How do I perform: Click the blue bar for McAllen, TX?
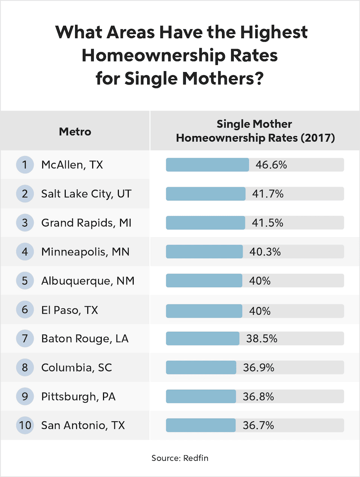(x=207, y=165)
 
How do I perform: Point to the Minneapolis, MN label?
(x=85, y=252)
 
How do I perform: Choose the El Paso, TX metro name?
(x=69, y=310)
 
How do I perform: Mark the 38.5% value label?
(x=260, y=339)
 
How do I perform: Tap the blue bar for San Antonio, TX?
(x=201, y=425)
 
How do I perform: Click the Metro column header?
(x=75, y=132)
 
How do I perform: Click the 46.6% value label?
(x=271, y=165)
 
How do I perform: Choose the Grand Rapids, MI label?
(x=86, y=223)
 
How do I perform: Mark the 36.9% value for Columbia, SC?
(x=259, y=367)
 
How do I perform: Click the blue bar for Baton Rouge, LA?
(x=202, y=339)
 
